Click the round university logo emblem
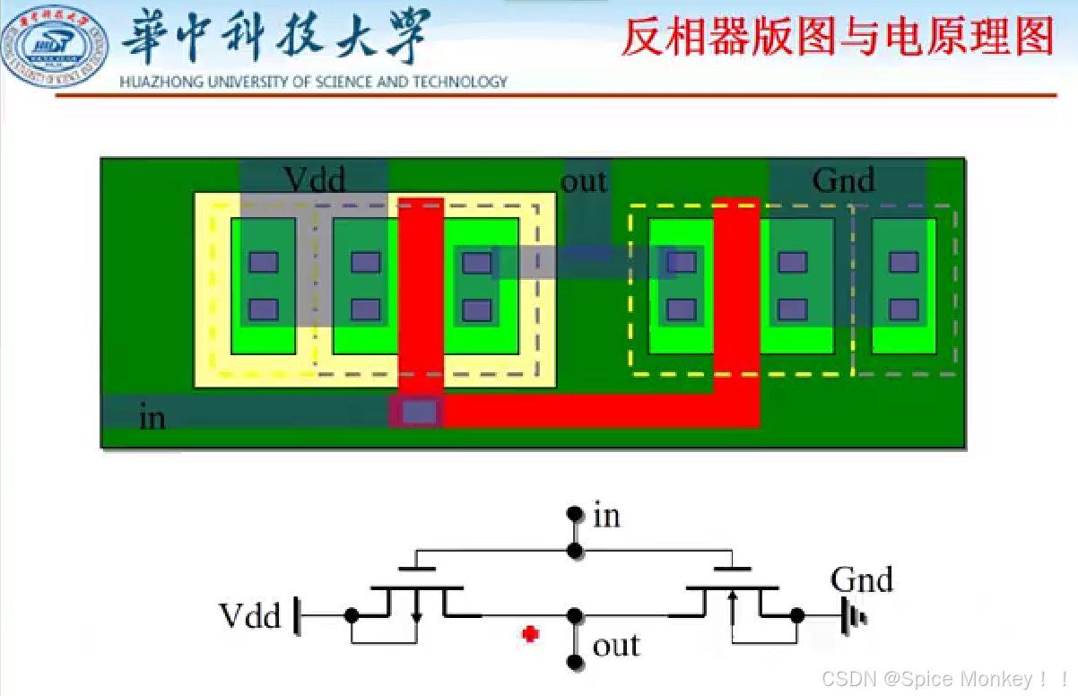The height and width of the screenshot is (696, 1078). tap(55, 46)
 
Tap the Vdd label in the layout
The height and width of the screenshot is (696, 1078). tap(314, 180)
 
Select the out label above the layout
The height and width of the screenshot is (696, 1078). tap(583, 181)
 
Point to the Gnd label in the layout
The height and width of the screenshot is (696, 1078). tap(843, 181)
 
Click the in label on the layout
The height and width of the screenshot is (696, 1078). tap(152, 417)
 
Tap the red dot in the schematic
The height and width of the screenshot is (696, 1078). tap(530, 634)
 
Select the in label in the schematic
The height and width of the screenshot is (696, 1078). tap(606, 516)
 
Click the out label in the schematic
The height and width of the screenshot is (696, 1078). tap(616, 645)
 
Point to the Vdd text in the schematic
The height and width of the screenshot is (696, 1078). tap(250, 616)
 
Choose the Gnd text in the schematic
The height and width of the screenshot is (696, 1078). tap(862, 579)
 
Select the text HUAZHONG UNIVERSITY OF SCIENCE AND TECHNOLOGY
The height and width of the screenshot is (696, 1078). tap(313, 83)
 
